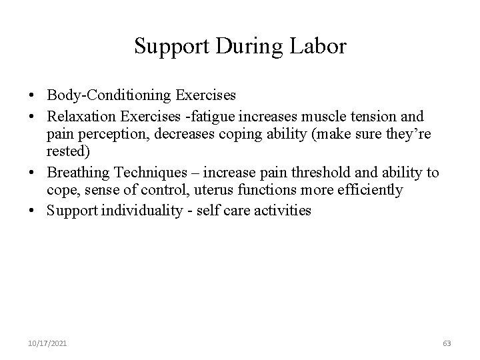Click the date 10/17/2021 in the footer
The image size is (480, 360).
(47, 343)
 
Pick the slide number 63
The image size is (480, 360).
(447, 343)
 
